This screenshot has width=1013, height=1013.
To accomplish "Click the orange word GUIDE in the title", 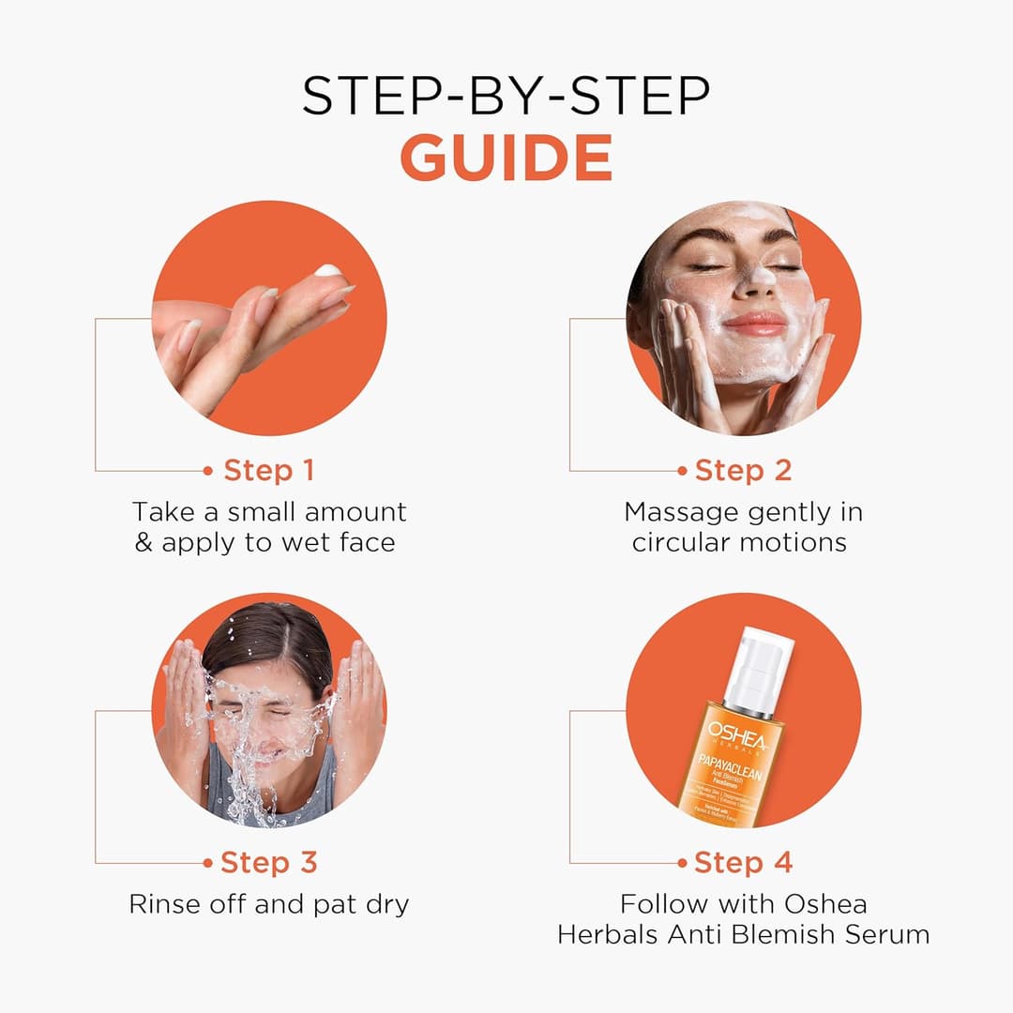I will tap(506, 159).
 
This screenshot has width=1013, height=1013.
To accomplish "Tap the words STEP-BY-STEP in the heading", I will tap(506, 97).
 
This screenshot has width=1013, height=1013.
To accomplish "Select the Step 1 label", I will tap(269, 470).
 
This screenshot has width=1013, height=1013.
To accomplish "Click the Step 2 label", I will tap(743, 470).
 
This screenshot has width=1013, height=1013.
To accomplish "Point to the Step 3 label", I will tap(268, 862).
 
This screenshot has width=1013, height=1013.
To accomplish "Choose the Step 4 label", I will tap(743, 862).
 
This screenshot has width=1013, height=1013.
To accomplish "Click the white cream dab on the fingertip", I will tap(329, 271).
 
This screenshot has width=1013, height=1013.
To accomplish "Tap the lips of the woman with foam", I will tap(756, 324).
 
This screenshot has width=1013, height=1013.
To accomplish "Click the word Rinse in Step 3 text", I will tap(165, 904).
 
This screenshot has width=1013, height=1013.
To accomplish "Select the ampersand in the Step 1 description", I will tap(144, 543).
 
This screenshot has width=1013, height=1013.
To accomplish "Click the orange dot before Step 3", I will tap(208, 863).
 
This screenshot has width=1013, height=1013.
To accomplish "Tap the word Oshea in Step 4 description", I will tap(824, 904).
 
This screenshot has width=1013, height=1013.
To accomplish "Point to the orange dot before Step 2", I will tap(682, 471).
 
